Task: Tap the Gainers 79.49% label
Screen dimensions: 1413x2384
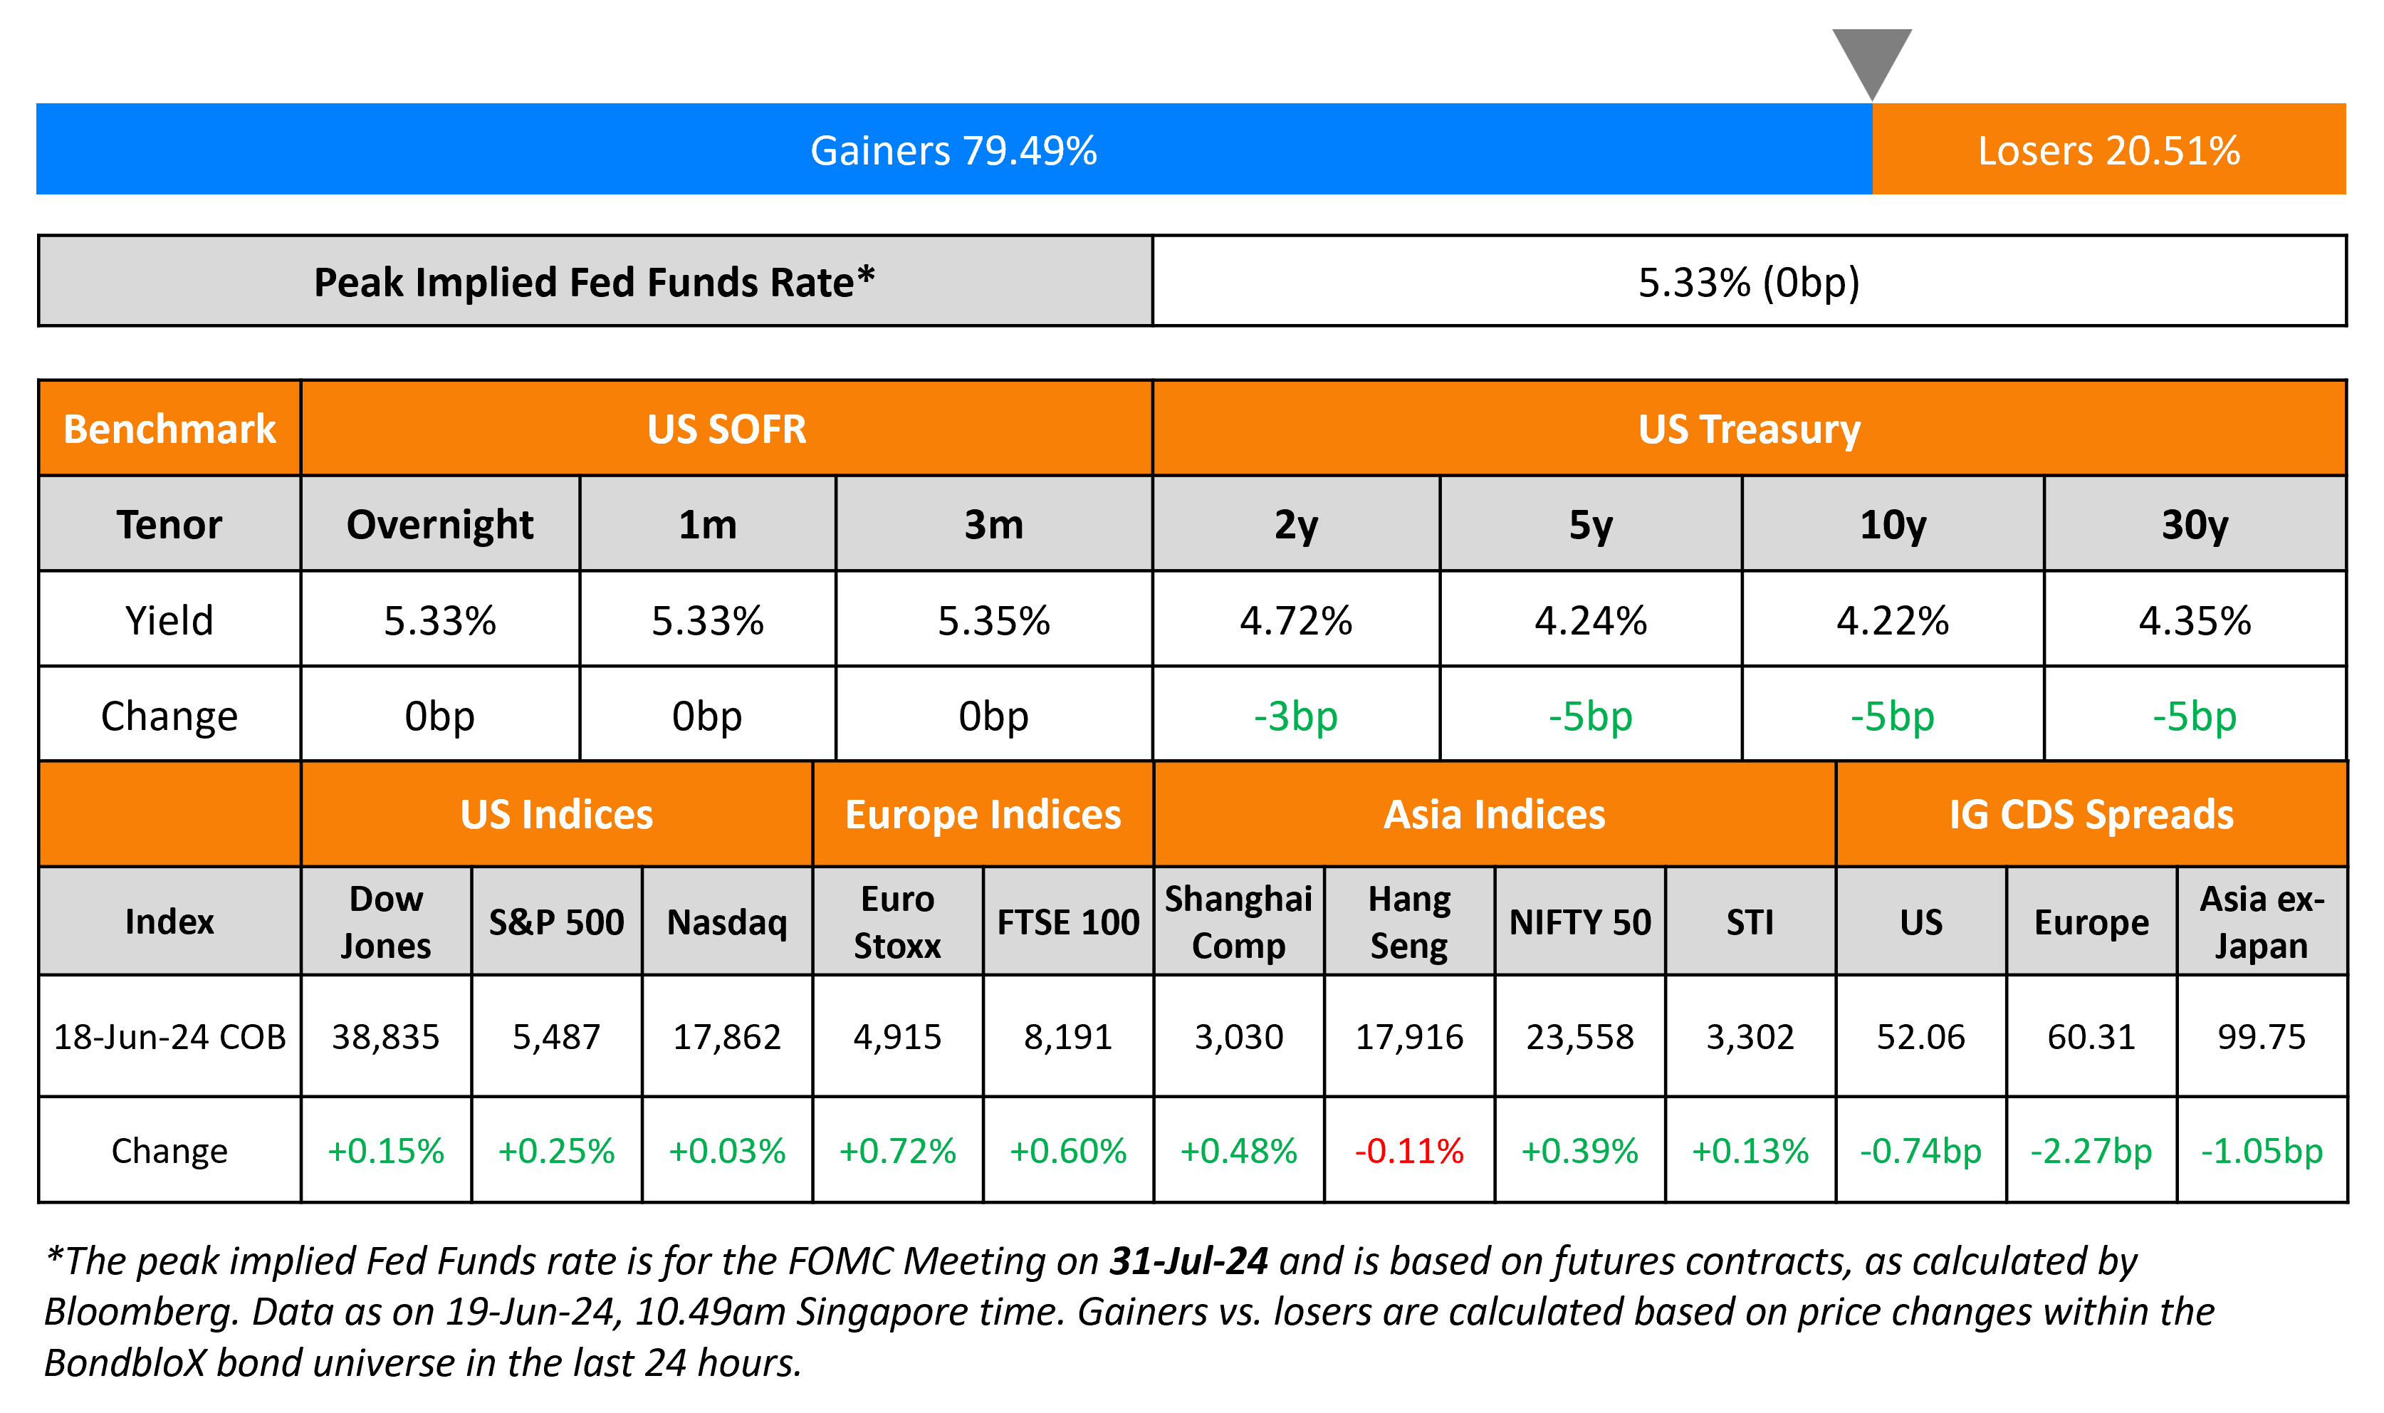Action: tap(953, 150)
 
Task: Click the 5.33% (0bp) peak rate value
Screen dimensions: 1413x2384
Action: tap(1748, 282)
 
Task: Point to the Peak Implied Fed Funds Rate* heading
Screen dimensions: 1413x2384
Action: tap(594, 282)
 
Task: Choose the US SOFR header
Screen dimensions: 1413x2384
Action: tap(726, 429)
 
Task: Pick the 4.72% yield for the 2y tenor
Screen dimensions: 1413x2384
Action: tap(1295, 621)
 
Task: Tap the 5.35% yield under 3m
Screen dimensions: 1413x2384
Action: tap(993, 621)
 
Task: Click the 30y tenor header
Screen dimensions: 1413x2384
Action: tap(2194, 525)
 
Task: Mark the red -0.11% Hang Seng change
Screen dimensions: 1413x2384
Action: tap(1408, 1150)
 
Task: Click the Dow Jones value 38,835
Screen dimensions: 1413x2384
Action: tap(385, 1036)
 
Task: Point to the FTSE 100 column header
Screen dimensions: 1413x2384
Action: tap(1068, 922)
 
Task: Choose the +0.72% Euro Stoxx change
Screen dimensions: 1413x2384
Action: tap(896, 1150)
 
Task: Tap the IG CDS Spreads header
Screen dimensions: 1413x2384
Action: tap(2091, 814)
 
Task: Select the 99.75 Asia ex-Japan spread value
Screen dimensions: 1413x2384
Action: tap(2262, 1036)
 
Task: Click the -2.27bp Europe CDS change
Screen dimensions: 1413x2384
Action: tap(2091, 1150)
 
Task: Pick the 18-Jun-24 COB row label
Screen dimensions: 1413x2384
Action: tap(169, 1036)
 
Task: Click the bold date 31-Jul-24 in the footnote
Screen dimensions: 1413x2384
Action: tap(1188, 1261)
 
